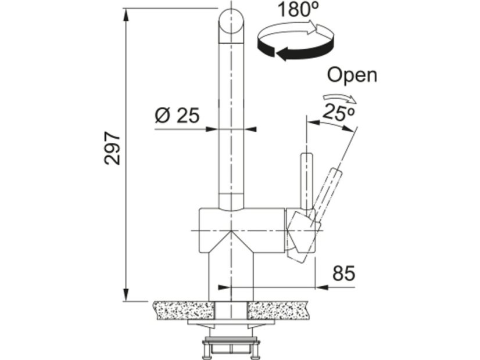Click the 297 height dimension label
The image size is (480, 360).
pyautogui.click(x=112, y=148)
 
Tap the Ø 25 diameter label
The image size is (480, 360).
pyautogui.click(x=177, y=116)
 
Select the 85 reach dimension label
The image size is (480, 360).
pyautogui.click(x=344, y=273)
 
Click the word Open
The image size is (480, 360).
pyautogui.click(x=352, y=75)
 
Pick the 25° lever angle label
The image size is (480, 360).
pyautogui.click(x=339, y=112)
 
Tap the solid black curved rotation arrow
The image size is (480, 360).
pyautogui.click(x=295, y=51)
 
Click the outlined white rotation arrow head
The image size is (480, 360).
pyautogui.click(x=317, y=28)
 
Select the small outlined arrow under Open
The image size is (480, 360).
pyautogui.click(x=339, y=99)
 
